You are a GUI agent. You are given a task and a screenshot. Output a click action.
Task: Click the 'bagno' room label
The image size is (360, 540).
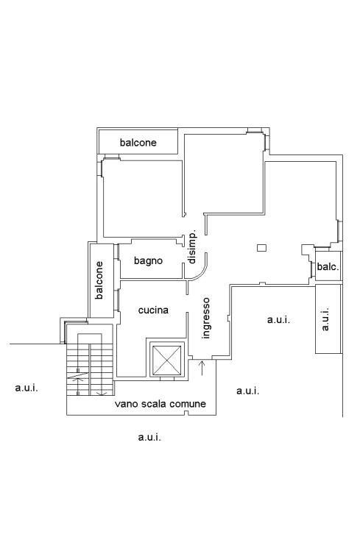coord(148,261)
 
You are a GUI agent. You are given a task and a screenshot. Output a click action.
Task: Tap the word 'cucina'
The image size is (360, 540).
coord(153,310)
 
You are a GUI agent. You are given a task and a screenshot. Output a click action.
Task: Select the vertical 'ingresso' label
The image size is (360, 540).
coord(205,319)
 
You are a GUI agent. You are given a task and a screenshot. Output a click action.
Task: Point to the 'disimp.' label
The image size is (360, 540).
coord(192,247)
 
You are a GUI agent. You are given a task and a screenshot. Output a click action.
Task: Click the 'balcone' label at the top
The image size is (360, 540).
coord(138,142)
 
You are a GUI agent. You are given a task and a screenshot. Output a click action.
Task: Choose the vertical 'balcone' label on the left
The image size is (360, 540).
coord(99,280)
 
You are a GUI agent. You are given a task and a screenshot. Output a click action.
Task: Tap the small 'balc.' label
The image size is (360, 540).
coord(328,266)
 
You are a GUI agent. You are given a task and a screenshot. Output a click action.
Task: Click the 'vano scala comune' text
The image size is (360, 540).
coord(160,404)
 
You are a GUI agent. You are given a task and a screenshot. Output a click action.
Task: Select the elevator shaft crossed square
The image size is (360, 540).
coord(166,360)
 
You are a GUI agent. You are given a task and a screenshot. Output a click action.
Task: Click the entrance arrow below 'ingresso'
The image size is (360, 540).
coord(202,368)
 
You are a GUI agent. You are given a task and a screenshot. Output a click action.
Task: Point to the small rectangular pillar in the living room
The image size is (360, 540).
coord(261,248)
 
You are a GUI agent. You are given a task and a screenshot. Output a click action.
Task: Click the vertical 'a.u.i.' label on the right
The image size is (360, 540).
coord(325,319)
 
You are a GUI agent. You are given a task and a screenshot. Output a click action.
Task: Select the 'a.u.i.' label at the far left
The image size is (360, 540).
coord(27,388)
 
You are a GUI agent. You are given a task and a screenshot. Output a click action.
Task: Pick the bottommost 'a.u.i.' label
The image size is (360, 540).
coord(149,438)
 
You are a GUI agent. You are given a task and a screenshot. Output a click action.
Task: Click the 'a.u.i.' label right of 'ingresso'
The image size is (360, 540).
coord(279,319)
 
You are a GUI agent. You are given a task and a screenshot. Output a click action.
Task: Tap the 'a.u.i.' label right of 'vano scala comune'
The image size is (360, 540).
coord(248,391)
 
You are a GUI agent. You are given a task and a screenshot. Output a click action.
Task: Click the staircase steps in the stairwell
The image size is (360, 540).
coord(90,369)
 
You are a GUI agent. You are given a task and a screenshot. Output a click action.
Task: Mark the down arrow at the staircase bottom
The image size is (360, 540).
coord(101,393)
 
